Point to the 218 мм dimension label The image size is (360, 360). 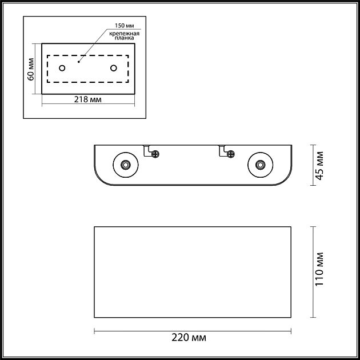89,99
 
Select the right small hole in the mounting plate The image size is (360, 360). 113,69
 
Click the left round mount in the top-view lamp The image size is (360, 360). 125,165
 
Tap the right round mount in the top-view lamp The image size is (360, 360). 260,165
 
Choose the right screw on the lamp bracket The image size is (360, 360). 230,153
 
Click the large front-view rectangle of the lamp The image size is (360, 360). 193,272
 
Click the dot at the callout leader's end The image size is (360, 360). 79,60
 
